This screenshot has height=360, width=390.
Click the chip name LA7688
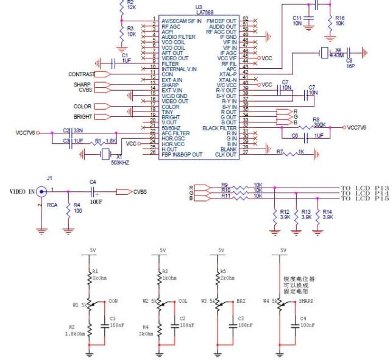tap(199, 13)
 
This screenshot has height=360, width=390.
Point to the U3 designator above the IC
tap(199, 7)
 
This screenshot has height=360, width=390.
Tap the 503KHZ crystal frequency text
tap(119, 163)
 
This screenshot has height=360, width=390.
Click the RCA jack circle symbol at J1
tap(41, 191)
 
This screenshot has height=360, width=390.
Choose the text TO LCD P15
tap(364, 199)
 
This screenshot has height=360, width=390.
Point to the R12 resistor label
tap(284, 211)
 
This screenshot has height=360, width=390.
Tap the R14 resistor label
tap(328, 211)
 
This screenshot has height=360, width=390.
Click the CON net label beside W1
tap(113, 301)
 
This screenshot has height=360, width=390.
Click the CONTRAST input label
tap(81, 74)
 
